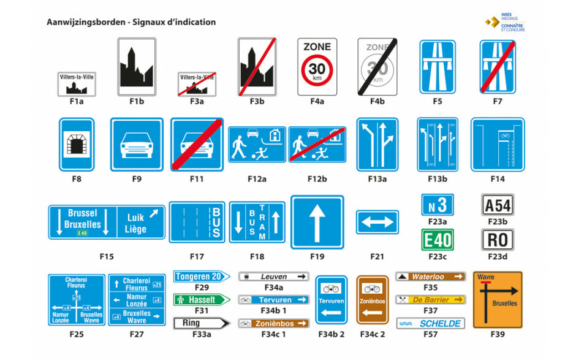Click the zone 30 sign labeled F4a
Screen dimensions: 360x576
(317, 67)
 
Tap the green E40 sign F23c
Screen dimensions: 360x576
(438, 240)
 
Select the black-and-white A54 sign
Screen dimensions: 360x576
(498, 205)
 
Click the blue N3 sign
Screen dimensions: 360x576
(438, 205)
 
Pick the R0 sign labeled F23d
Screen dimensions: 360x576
(498, 240)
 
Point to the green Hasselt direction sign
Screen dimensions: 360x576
(202, 300)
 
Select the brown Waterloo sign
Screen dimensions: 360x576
(430, 277)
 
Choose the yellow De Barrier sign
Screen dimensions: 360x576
(430, 300)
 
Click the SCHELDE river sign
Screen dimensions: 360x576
(430, 323)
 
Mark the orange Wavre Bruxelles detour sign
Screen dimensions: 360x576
(498, 300)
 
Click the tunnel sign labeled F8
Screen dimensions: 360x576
(77, 144)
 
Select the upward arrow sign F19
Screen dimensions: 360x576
(317, 222)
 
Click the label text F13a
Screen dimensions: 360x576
(377, 179)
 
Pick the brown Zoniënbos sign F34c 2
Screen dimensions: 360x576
(373, 299)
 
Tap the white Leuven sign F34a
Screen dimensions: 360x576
(274, 277)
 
